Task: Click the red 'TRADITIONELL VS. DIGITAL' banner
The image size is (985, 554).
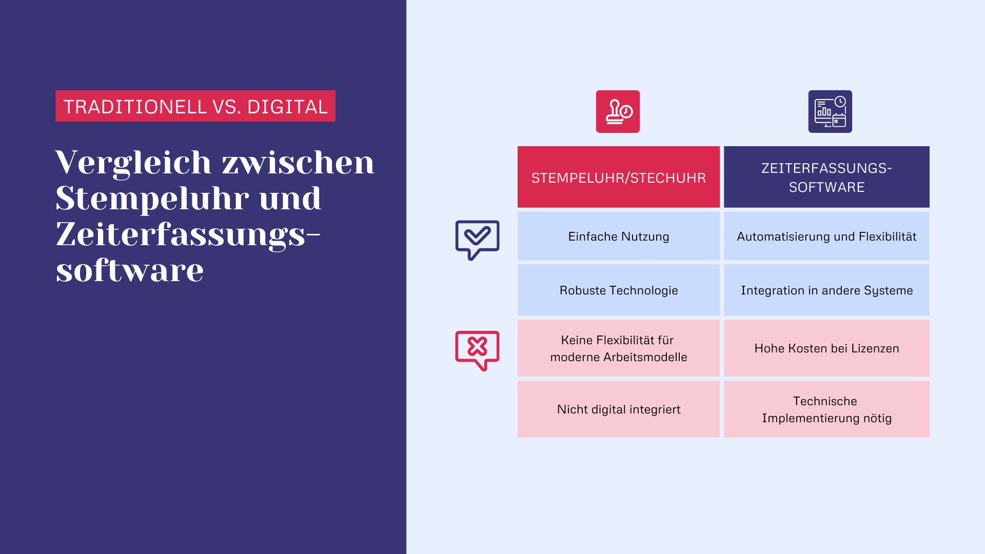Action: (x=195, y=106)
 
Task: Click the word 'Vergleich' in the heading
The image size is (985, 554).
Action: (x=133, y=163)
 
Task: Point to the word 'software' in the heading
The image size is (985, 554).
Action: (x=130, y=270)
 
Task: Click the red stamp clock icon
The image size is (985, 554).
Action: (x=618, y=111)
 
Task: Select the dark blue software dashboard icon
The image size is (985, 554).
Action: (x=830, y=111)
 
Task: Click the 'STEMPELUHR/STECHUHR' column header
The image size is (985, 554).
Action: (x=618, y=177)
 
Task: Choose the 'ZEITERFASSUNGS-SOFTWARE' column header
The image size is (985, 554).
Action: (x=826, y=177)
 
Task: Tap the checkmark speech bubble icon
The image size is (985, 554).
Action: (x=477, y=240)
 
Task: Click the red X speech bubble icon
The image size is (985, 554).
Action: (x=477, y=350)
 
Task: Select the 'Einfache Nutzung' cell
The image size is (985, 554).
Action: (x=618, y=236)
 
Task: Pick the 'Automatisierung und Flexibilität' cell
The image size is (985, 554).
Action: (x=826, y=236)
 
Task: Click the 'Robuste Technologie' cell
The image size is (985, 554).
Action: (x=618, y=290)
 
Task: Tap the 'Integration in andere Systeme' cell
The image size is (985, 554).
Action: (x=826, y=290)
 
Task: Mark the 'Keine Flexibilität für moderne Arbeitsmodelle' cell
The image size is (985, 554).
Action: (x=618, y=348)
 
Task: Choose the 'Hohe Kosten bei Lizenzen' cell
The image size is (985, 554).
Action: (x=826, y=348)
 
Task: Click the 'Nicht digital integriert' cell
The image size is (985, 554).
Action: (x=618, y=409)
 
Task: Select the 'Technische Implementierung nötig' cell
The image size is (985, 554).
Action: (x=826, y=409)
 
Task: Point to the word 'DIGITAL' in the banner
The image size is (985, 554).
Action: (x=287, y=107)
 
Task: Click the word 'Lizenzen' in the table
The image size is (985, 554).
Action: (x=875, y=348)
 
